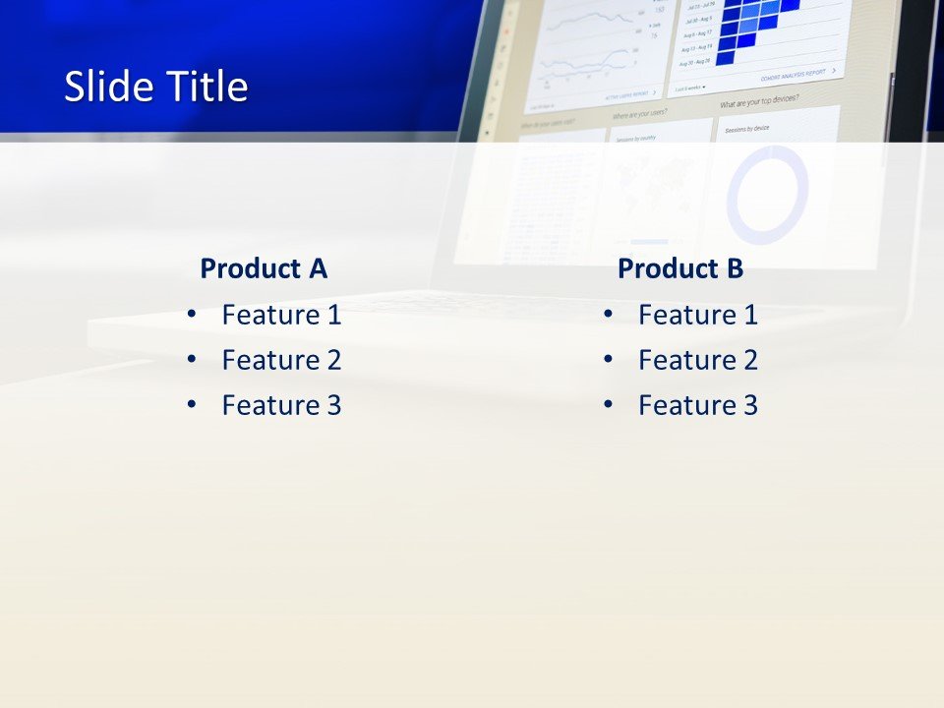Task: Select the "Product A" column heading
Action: coord(264,268)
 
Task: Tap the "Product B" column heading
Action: coord(680,268)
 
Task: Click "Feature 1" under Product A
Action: coord(281,315)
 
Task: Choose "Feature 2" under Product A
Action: coord(281,360)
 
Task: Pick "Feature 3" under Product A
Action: coord(281,405)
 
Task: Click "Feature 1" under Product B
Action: coord(698,315)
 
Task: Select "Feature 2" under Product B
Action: coord(698,360)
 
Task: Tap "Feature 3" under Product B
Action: coord(698,405)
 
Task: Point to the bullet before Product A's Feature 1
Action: coord(191,315)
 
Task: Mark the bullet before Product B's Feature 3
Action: coord(608,405)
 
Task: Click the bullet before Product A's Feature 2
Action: coord(191,360)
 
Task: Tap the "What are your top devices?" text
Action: coord(759,101)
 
